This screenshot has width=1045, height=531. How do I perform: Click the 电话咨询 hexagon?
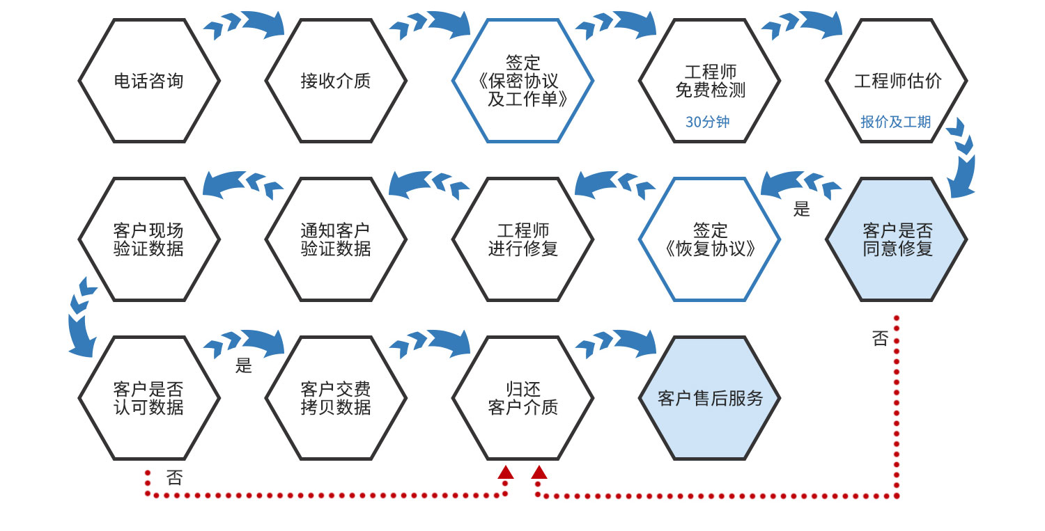pyautogui.click(x=148, y=81)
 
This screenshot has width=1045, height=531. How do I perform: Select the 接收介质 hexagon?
pyautogui.click(x=335, y=81)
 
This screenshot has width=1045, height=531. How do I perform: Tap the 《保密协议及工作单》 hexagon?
pyautogui.click(x=522, y=81)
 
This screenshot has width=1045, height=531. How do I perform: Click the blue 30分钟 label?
pyautogui.click(x=707, y=122)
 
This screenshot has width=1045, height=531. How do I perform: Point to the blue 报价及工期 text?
pyautogui.click(x=895, y=122)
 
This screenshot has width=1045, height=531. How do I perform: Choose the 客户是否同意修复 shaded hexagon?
pyautogui.click(x=897, y=239)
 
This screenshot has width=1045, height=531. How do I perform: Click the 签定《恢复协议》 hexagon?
pyautogui.click(x=709, y=239)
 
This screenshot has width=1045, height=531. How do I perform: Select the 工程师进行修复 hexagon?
pyautogui.click(x=522, y=239)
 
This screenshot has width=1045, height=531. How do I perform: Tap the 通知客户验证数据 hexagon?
pyautogui.click(x=335, y=239)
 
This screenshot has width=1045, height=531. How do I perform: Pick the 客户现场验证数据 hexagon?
pyautogui.click(x=148, y=239)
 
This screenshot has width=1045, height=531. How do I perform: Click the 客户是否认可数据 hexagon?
pyautogui.click(x=148, y=398)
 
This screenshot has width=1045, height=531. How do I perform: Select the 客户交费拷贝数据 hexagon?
pyautogui.click(x=335, y=398)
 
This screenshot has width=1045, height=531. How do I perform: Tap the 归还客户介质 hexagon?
pyautogui.click(x=522, y=398)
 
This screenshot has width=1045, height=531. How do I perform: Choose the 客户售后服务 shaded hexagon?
pyautogui.click(x=709, y=398)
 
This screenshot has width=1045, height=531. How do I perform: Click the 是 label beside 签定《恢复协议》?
pyautogui.click(x=802, y=209)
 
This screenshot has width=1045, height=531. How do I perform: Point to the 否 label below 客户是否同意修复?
pyautogui.click(x=880, y=339)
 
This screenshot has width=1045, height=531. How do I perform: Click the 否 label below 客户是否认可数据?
pyautogui.click(x=174, y=478)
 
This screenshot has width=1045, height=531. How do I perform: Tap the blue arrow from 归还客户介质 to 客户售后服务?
pyautogui.click(x=617, y=342)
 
